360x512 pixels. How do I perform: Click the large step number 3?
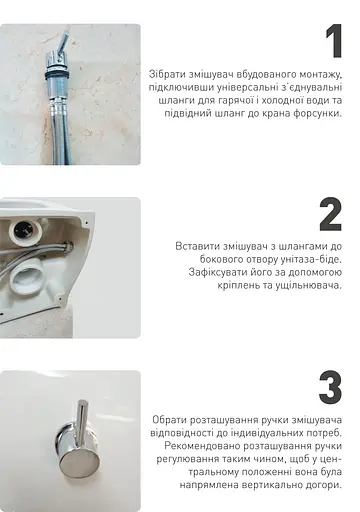(x=330, y=389)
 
